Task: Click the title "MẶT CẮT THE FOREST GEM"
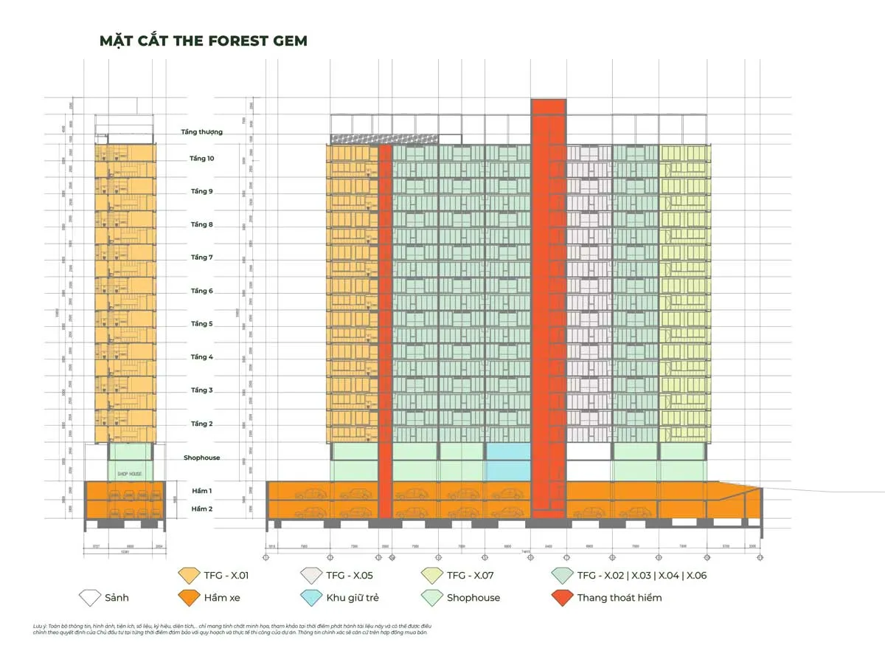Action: [204, 41]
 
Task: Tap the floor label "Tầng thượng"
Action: [202, 132]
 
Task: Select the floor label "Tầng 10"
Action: [201, 159]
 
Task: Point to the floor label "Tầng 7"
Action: [201, 258]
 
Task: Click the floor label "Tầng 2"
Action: [201, 424]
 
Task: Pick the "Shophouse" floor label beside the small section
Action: [202, 458]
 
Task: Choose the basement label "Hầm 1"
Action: [202, 491]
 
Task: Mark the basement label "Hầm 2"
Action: [202, 509]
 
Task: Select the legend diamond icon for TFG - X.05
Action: [310, 575]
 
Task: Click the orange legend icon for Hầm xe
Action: [190, 597]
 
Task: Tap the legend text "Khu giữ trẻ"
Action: [353, 598]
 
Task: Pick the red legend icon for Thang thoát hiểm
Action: [562, 597]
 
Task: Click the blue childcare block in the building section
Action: [507, 461]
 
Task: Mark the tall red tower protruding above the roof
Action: [548, 118]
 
